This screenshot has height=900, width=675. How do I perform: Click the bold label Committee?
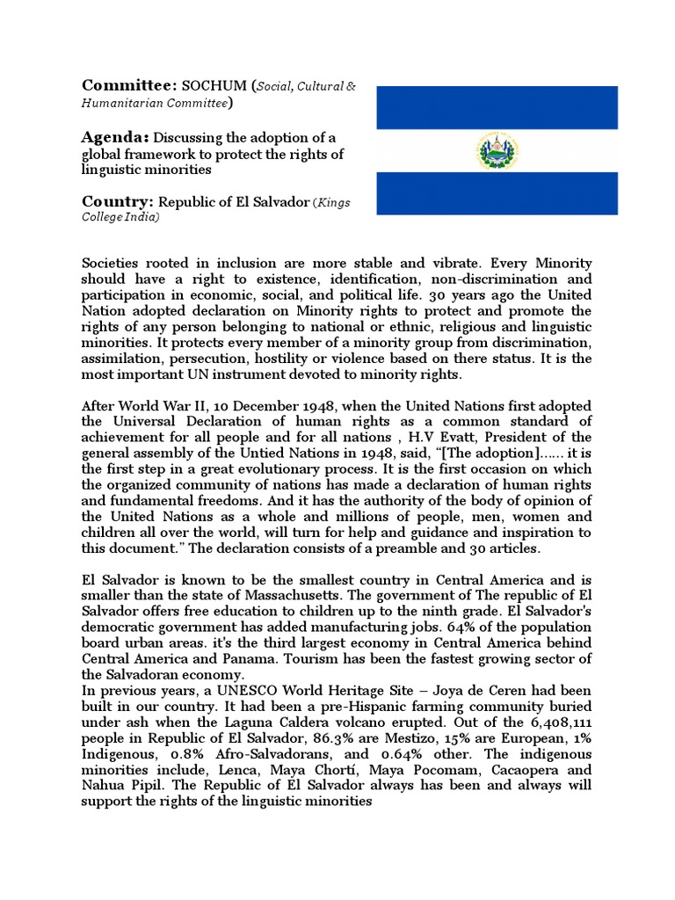(128, 85)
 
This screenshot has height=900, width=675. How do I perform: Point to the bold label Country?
(117, 200)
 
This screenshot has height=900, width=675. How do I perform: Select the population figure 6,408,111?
(558, 722)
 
